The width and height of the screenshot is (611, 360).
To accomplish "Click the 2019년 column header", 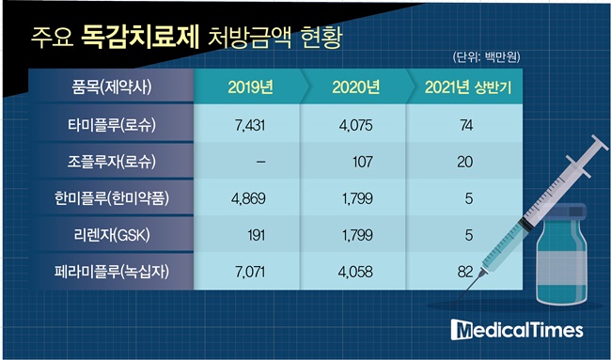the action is [251, 87].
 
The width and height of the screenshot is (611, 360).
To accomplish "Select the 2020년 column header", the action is [355, 87].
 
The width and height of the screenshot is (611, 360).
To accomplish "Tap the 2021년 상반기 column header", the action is [467, 87].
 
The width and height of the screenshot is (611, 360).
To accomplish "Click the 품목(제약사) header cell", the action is [112, 86].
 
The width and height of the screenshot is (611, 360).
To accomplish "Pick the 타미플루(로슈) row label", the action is [112, 125].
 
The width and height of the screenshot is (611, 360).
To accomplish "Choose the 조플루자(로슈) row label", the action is [112, 162].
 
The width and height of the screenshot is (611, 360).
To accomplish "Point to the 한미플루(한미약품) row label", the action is [112, 198].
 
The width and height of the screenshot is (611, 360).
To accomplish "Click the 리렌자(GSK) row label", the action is [112, 235].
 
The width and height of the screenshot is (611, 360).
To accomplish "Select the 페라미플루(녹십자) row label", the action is [112, 272].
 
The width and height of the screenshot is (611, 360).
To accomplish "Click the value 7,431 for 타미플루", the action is [250, 125].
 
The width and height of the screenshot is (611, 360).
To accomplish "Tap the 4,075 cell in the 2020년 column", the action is [355, 125].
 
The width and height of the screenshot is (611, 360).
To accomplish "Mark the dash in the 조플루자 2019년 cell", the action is [261, 162].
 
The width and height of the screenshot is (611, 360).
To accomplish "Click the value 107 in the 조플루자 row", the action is [363, 162].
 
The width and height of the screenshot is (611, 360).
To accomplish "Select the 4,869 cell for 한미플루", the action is [248, 198].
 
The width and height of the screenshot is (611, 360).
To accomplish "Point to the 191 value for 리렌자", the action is [257, 235].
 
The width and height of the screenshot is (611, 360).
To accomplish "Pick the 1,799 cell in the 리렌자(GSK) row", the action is [355, 235].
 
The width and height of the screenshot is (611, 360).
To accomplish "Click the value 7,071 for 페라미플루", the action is [250, 272].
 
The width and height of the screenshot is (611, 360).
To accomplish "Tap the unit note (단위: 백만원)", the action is [486, 57].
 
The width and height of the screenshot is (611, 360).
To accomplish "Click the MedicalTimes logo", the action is [517, 330].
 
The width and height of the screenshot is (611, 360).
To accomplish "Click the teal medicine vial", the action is [561, 254].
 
